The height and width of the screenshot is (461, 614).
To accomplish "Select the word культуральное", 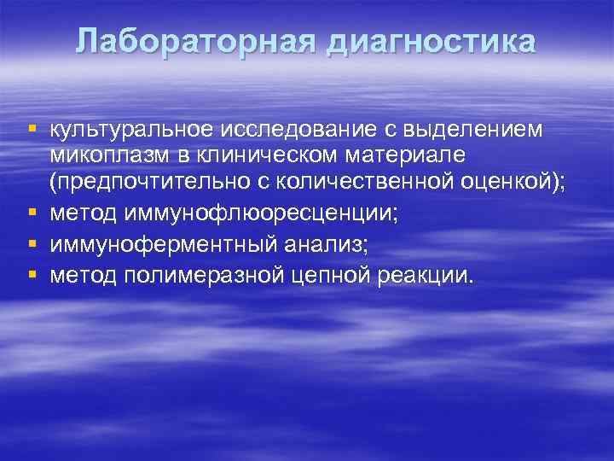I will coord(132,130).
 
